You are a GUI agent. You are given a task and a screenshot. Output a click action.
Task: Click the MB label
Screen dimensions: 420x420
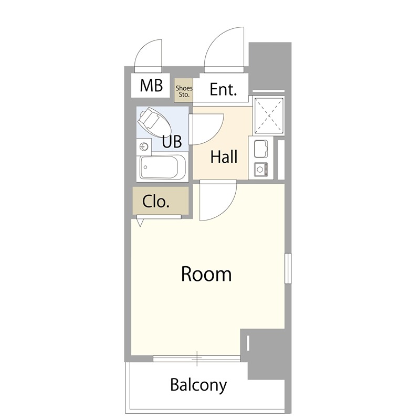pyautogui.click(x=151, y=86)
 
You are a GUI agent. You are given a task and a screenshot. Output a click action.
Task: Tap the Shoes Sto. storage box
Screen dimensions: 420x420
pyautogui.click(x=183, y=90)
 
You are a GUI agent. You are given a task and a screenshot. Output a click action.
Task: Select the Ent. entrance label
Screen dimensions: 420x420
pyautogui.click(x=224, y=89)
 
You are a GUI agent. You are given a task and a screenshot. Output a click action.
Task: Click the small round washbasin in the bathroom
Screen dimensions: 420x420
pyautogui.click(x=144, y=146)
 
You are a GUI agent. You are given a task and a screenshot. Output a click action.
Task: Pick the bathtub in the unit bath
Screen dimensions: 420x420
pyautogui.click(x=163, y=167)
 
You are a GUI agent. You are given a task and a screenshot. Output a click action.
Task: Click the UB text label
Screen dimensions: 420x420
pyautogui.click(x=172, y=141)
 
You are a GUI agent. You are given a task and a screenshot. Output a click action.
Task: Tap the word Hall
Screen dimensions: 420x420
pyautogui.click(x=224, y=156)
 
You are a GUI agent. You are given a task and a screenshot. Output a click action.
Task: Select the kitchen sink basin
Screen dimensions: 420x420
pyautogui.click(x=261, y=149)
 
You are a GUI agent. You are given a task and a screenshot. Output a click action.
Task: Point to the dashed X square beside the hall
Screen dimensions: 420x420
pyautogui.click(x=268, y=115)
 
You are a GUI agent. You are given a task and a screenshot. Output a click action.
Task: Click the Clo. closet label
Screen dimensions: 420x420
pyautogui.click(x=156, y=202)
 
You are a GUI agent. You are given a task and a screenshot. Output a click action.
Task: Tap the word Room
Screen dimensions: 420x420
pyautogui.click(x=206, y=274)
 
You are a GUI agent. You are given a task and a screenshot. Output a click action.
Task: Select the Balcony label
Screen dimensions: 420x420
pyautogui.click(x=198, y=385)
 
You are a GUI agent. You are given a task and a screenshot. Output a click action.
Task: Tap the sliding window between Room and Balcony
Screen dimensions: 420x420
pyautogui.click(x=197, y=359)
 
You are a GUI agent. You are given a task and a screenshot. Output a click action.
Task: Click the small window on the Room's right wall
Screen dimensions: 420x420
pyautogui.click(x=288, y=268)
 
